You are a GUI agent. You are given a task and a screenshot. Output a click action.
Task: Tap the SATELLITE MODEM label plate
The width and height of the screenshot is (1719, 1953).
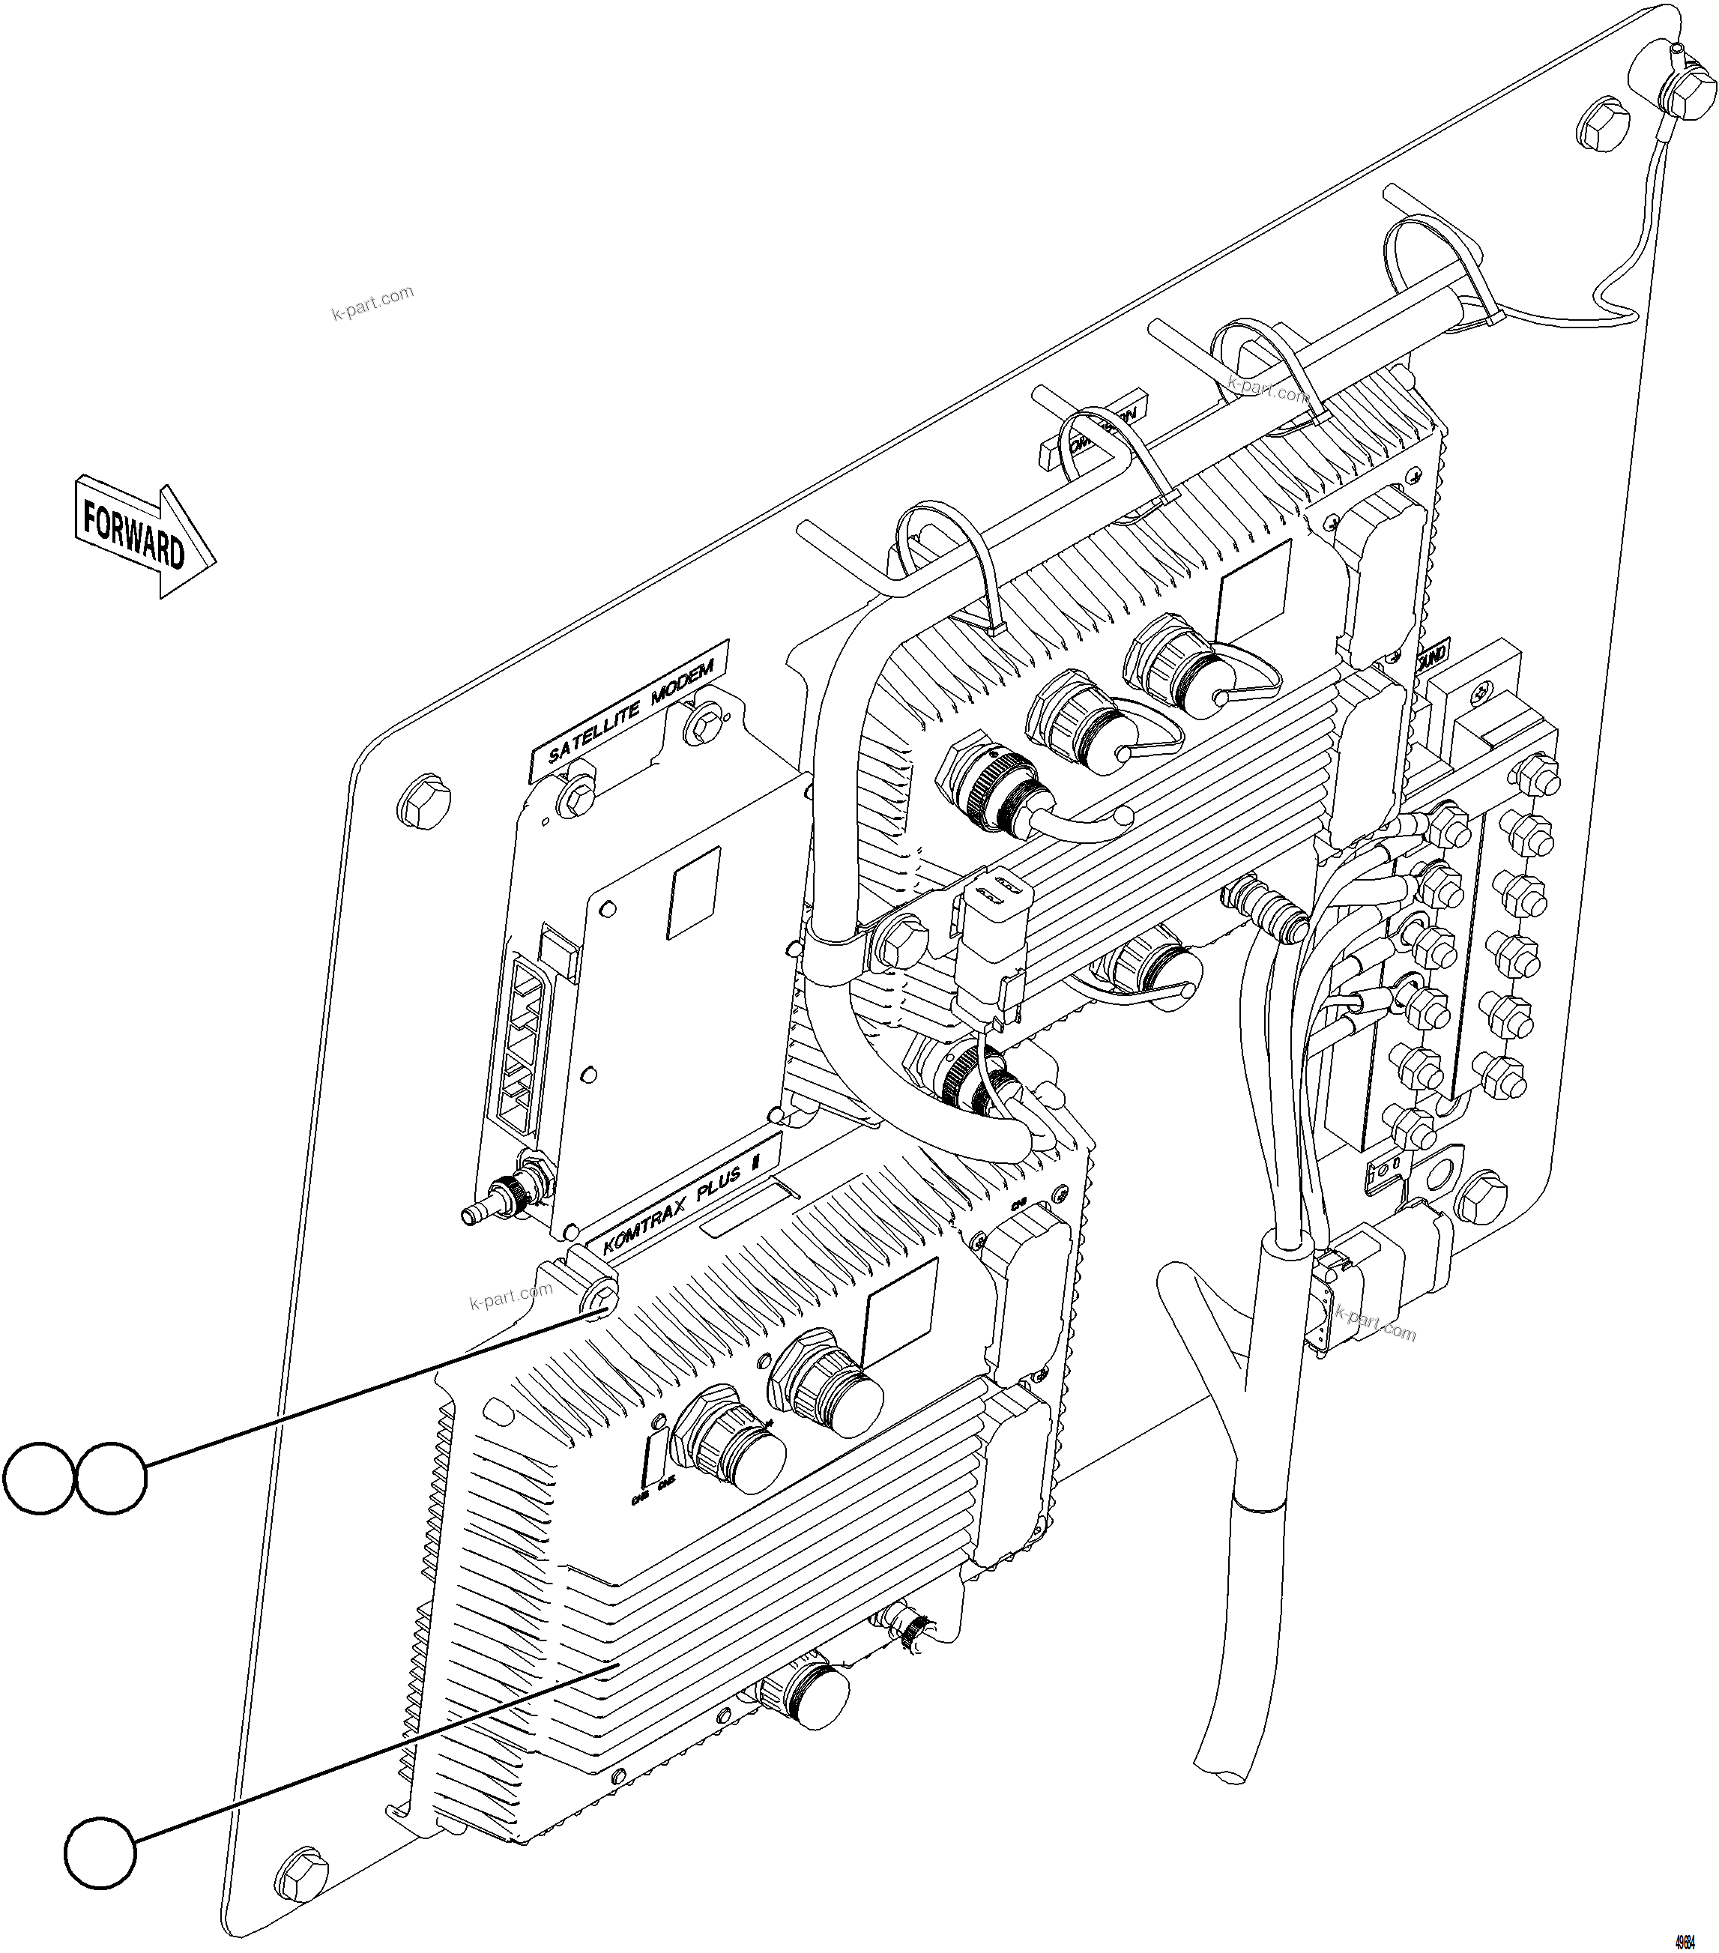629,712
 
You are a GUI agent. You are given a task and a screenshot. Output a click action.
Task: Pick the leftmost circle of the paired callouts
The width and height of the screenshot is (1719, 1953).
38,1478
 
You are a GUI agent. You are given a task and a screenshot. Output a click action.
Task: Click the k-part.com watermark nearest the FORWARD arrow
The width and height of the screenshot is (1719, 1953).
372,304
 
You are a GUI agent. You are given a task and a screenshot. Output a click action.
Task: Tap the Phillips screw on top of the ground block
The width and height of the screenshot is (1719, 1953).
1482,690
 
